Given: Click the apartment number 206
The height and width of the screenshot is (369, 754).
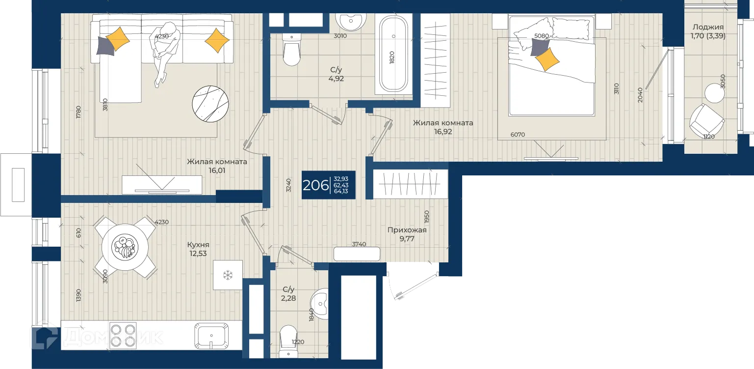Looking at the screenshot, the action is (315, 185).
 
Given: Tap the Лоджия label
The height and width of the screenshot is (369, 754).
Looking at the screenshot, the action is (708, 27).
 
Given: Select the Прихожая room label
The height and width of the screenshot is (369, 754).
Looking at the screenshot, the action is (407, 230).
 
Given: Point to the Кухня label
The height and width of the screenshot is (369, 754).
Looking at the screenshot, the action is (198, 245).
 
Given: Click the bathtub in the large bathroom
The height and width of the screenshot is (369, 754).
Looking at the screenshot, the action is (393, 54).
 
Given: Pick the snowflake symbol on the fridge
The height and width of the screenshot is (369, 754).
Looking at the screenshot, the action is (228, 275).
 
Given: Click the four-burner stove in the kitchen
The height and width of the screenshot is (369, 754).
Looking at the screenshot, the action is (123, 335).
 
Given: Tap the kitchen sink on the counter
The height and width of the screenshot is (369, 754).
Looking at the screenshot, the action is (211, 336).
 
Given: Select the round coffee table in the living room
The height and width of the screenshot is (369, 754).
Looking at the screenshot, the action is (210, 104).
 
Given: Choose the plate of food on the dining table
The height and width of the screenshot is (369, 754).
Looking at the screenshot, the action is (125, 247).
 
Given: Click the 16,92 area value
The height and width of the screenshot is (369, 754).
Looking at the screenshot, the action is (443, 132).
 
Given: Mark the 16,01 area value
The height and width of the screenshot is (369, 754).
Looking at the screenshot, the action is (217, 170).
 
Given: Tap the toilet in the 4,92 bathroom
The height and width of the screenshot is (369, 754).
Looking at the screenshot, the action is (291, 50).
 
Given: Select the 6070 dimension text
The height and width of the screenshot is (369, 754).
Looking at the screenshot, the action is (518, 135).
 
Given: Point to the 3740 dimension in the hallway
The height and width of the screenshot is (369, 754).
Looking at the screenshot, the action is (359, 244).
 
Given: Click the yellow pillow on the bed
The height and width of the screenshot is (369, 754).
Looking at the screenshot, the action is (547, 60).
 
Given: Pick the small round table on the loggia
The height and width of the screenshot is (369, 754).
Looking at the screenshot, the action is (714, 93).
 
